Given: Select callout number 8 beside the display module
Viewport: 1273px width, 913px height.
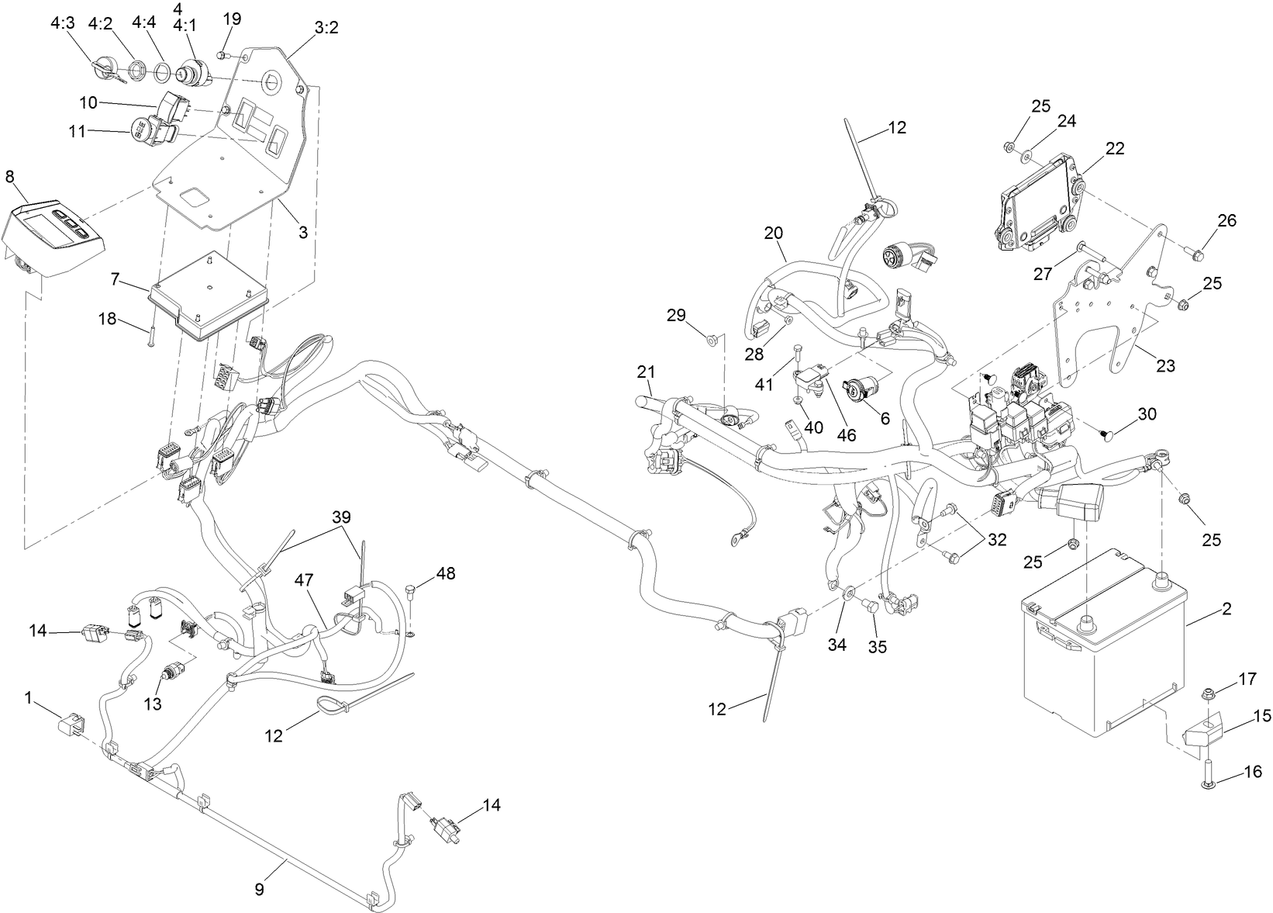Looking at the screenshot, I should [9, 176].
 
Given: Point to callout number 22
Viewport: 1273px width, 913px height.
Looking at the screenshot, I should [1115, 148].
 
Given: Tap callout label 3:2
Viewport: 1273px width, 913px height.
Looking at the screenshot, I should [326, 28].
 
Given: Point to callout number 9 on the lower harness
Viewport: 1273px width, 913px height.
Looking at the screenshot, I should [260, 889].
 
